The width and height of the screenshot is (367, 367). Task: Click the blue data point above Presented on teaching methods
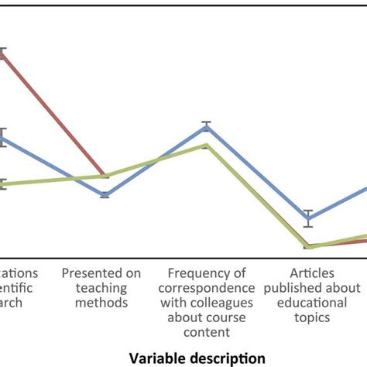tap(106, 195)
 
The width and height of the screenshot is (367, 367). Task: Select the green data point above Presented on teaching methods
tap(106, 176)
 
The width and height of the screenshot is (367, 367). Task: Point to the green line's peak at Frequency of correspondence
tap(206, 145)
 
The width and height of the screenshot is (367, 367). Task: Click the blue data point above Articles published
tap(307, 218)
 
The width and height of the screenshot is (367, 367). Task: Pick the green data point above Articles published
tap(307, 247)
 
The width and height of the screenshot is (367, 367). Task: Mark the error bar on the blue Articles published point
tap(307, 211)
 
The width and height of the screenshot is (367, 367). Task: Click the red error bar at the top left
tap(4, 53)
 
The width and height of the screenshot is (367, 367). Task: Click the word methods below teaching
tap(101, 302)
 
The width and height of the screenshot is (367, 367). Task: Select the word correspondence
tap(207, 287)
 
